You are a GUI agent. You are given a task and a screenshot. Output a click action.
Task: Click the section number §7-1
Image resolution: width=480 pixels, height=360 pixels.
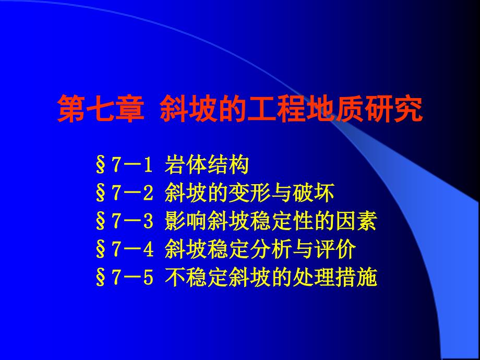(x=123, y=166)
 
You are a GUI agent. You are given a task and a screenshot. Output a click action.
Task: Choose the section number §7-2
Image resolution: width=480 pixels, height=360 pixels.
(x=123, y=195)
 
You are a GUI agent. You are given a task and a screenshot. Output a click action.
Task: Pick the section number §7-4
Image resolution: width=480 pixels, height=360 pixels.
(x=123, y=251)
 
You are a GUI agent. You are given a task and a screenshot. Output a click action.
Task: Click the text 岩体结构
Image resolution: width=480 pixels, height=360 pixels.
(x=206, y=166)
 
